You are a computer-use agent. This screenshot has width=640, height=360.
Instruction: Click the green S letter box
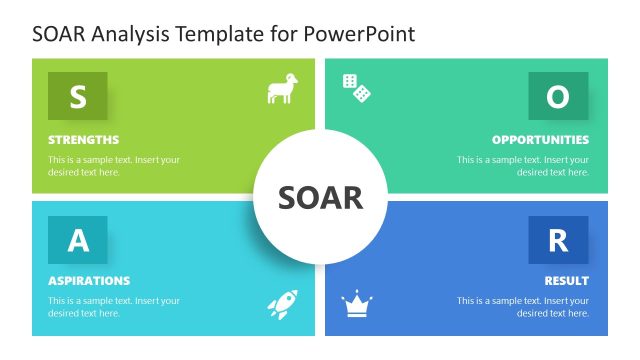pyautogui.click(x=77, y=96)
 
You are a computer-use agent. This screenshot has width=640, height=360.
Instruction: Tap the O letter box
pyautogui.click(x=558, y=96)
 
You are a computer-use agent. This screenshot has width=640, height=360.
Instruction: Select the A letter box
pyautogui.click(x=77, y=240)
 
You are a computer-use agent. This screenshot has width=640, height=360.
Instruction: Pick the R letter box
pyautogui.click(x=558, y=240)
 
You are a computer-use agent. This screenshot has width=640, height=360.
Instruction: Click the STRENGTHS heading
pyautogui.click(x=83, y=140)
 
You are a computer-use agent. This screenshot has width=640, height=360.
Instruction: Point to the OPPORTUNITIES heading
pyautogui.click(x=540, y=140)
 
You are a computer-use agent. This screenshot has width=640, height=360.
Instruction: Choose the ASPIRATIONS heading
pyautogui.click(x=89, y=281)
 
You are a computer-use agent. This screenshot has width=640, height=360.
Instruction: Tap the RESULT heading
pyautogui.click(x=566, y=281)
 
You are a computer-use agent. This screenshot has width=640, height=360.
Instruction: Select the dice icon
pyautogui.click(x=357, y=88)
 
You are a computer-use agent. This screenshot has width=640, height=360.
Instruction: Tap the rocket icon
pyautogui.click(x=282, y=304)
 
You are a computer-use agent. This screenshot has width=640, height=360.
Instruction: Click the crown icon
pyautogui.click(x=356, y=304)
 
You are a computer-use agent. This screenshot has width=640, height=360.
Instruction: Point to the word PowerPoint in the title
pyautogui.click(x=362, y=34)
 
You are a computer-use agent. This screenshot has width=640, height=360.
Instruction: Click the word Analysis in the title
pyautogui.click(x=131, y=34)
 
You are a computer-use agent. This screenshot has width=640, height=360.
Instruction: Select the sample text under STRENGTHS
pyautogui.click(x=114, y=166)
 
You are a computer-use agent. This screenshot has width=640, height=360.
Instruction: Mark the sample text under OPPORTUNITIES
pyautogui.click(x=523, y=166)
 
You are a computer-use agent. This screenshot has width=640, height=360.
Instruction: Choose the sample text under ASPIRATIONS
pyautogui.click(x=114, y=307)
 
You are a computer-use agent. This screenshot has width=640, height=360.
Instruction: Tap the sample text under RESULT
pyautogui.click(x=523, y=307)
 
